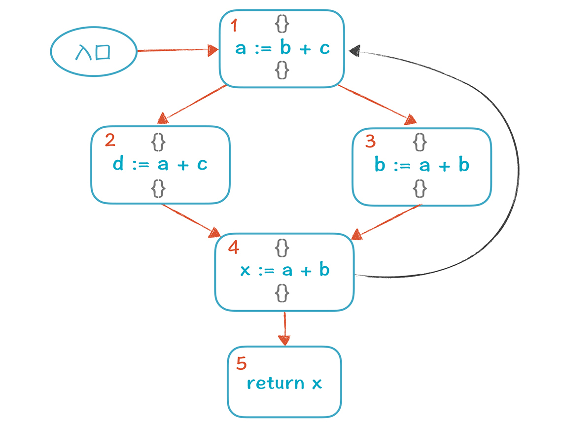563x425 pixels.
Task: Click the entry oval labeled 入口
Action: [94, 51]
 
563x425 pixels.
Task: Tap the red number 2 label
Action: [110, 141]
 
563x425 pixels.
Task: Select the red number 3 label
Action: [370, 142]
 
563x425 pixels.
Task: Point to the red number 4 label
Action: [233, 247]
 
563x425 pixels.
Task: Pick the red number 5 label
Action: [241, 363]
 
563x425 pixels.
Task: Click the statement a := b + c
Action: [282, 48]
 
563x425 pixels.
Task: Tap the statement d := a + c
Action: [160, 164]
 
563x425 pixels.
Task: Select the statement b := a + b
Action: [422, 165]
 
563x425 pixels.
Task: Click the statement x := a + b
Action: [284, 270]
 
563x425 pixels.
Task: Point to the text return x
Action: [284, 383]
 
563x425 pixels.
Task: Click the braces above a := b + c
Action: [281, 25]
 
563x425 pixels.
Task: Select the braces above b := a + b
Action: [420, 142]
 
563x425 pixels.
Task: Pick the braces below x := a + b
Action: [282, 293]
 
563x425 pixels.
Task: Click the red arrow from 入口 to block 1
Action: [173, 50]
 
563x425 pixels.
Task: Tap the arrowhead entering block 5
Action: [284, 340]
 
